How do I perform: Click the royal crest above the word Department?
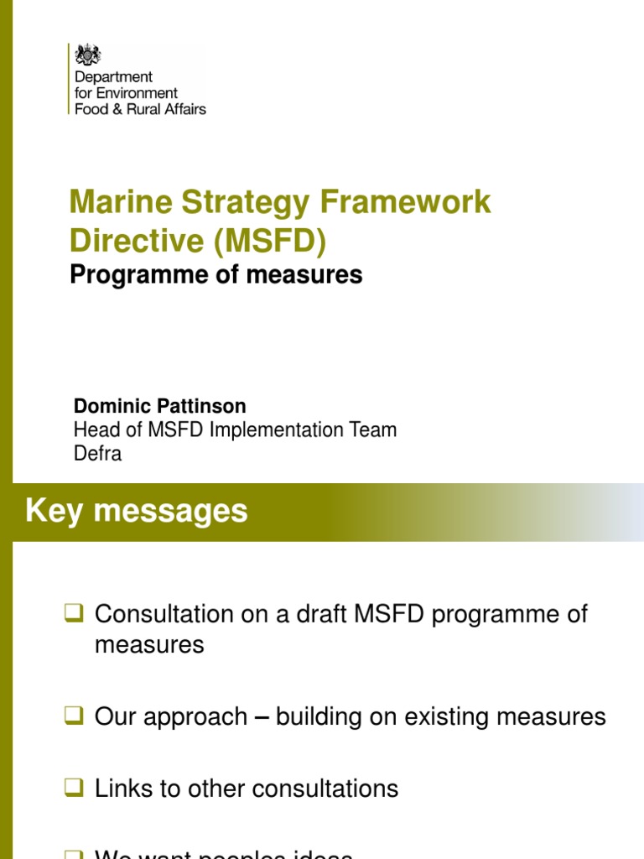(87, 55)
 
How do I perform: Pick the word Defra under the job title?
(97, 454)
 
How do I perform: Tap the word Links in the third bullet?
(123, 789)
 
